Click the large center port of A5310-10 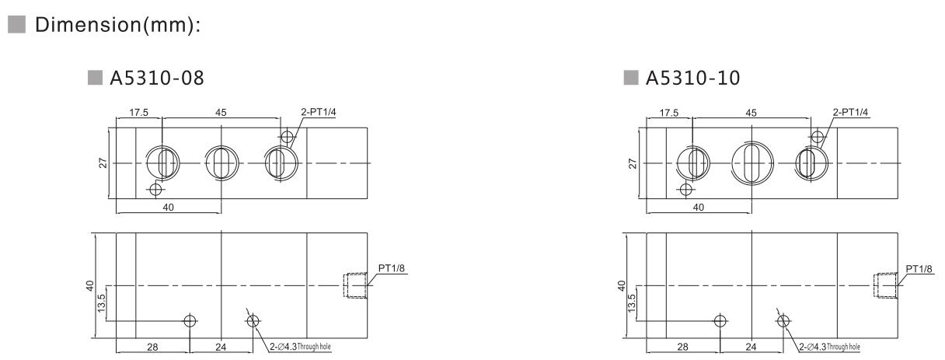[751, 164]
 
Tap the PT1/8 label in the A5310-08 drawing [391, 269]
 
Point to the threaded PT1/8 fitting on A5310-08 [354, 286]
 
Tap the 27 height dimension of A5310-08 [103, 164]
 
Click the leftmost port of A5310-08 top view [163, 164]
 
